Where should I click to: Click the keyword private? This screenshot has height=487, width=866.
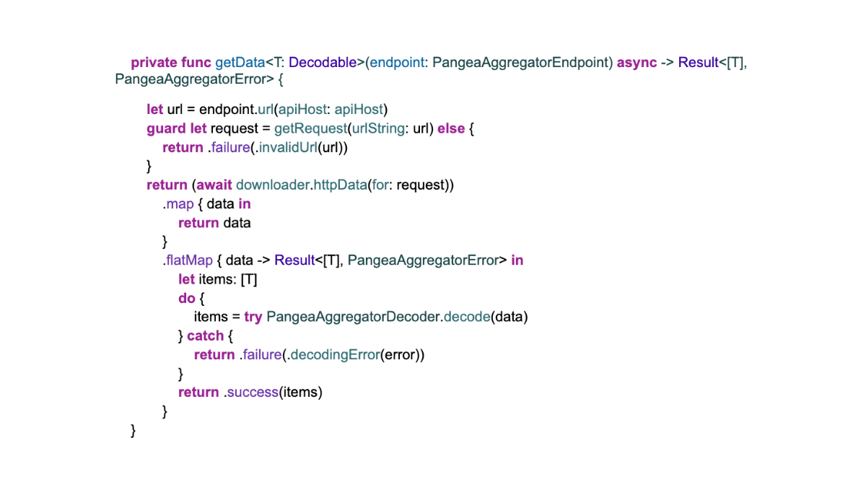[154, 63]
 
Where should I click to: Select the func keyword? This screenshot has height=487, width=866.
[196, 63]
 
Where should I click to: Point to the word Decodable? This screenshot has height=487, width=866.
[323, 63]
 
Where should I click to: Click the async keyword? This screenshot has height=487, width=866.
[637, 63]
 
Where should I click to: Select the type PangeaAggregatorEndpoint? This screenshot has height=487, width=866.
[522, 63]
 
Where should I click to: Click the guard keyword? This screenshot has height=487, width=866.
[166, 128]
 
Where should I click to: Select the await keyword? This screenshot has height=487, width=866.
[214, 185]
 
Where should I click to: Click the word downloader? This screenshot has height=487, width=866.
[272, 185]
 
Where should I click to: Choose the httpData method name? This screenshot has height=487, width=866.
[338, 185]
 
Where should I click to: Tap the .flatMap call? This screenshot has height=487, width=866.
[188, 260]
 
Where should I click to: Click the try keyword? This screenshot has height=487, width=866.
[253, 317]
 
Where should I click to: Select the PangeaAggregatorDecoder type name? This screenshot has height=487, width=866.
[353, 317]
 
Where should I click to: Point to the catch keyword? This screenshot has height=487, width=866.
[205, 335]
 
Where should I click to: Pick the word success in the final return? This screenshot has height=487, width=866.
[253, 392]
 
